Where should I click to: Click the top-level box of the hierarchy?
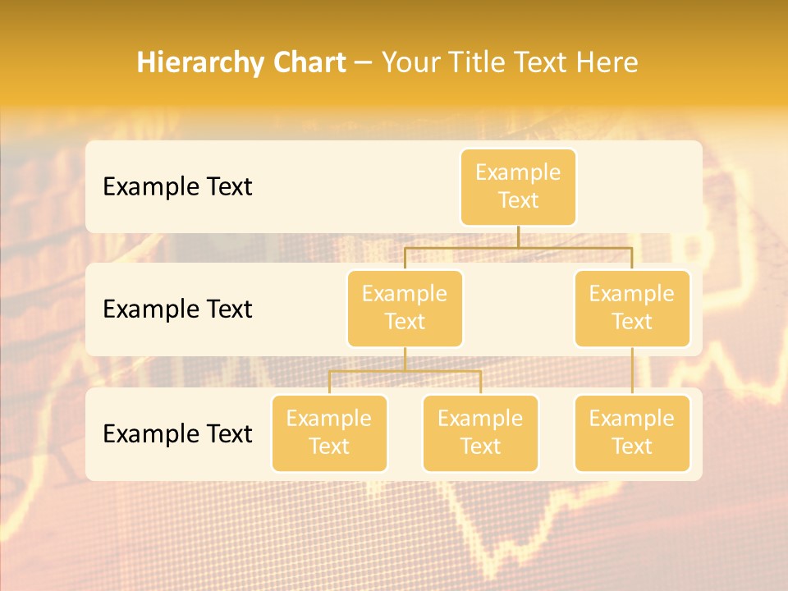(x=518, y=186)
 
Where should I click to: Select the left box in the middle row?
(x=405, y=308)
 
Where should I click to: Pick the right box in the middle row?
(x=632, y=308)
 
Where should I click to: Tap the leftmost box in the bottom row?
(x=329, y=433)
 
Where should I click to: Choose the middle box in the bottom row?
(x=480, y=433)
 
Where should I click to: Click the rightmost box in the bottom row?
(x=632, y=433)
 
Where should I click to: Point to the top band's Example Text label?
(x=177, y=187)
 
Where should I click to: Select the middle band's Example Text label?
(x=177, y=309)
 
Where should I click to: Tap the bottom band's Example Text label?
(x=177, y=433)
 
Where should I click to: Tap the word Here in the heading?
(x=608, y=62)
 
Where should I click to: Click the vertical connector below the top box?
(x=518, y=236)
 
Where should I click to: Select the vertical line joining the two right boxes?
(x=632, y=371)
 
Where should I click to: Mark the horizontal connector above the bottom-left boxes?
(x=405, y=371)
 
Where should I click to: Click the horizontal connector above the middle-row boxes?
(x=518, y=247)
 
